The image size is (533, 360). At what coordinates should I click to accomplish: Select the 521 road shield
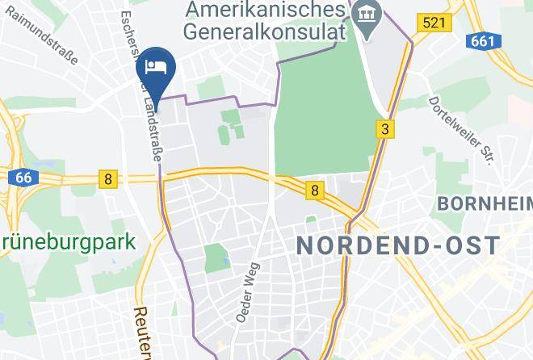pyautogui.click(x=433, y=23)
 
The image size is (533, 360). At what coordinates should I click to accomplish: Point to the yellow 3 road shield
pyautogui.click(x=386, y=128)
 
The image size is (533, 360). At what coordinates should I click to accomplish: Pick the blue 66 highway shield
pyautogui.click(x=23, y=178)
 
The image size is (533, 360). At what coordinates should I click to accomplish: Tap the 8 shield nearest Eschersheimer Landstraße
pyautogui.click(x=107, y=178)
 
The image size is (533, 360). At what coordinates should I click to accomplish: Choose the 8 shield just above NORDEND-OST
pyautogui.click(x=313, y=191)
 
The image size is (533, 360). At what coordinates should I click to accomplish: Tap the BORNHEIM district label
pyautogui.click(x=484, y=203)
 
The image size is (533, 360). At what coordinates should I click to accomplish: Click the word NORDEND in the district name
pyautogui.click(x=368, y=245)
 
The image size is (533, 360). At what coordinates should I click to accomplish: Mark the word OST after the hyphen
pyautogui.click(x=476, y=245)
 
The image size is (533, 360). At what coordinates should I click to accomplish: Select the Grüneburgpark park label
pyautogui.click(x=68, y=241)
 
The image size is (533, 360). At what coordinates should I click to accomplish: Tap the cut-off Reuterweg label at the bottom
pyautogui.click(x=142, y=331)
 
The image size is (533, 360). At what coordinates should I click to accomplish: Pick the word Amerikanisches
pyautogui.click(x=262, y=10)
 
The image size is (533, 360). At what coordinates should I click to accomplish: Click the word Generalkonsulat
pyautogui.click(x=263, y=32)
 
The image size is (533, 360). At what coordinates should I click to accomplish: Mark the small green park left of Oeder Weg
pyautogui.click(x=216, y=258)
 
